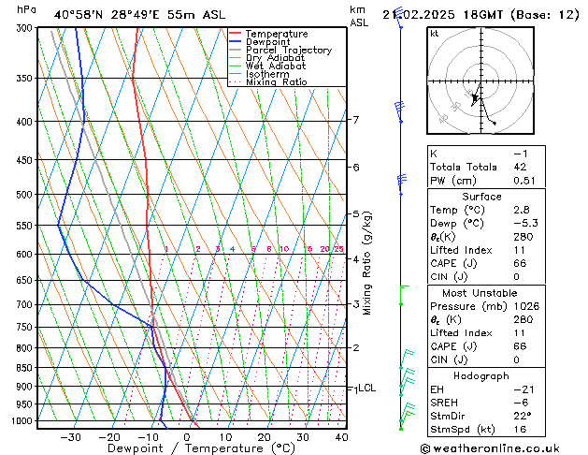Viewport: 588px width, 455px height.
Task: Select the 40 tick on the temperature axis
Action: (x=341, y=437)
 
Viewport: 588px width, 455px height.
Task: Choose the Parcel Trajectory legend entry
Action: (x=288, y=50)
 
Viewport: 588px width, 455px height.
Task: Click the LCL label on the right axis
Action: (x=366, y=388)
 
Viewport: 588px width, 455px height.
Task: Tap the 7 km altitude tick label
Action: (x=355, y=120)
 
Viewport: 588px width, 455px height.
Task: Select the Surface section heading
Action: (x=482, y=197)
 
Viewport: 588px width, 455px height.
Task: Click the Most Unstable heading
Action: (x=482, y=292)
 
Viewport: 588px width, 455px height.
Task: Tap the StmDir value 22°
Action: (x=523, y=415)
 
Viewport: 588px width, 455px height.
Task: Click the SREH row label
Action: (x=446, y=402)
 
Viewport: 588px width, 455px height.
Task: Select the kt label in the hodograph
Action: (x=435, y=34)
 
